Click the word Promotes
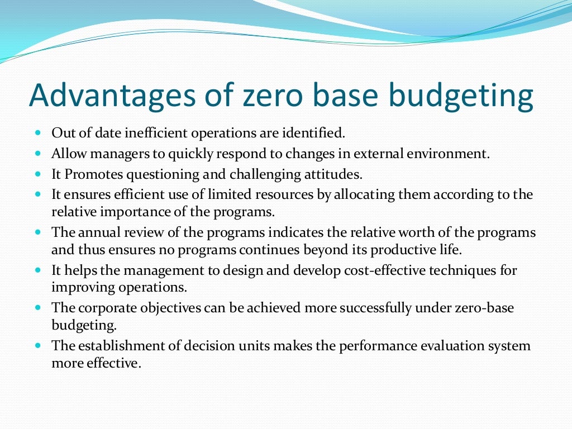tap(93, 174)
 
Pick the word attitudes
tap(335, 174)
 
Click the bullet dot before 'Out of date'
tap(38, 134)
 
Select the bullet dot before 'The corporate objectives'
tap(38, 308)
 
